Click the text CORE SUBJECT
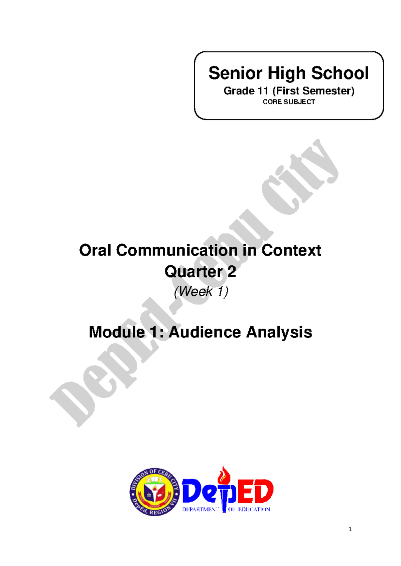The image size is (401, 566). (289, 102)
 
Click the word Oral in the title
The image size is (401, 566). (95, 250)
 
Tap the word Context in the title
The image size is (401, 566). (291, 250)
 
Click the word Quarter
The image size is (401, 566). (193, 272)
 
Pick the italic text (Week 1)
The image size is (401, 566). (201, 291)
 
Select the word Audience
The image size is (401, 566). (205, 332)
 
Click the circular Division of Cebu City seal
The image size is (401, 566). (154, 492)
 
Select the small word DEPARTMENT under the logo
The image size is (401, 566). (199, 509)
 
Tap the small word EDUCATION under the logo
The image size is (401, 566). (254, 509)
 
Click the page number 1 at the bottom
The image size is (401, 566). (350, 529)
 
